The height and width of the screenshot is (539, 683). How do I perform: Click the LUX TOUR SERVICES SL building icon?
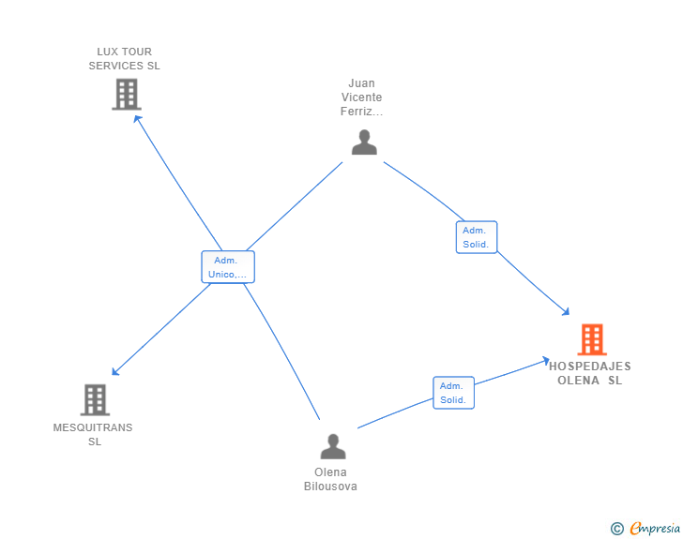pyautogui.click(x=126, y=94)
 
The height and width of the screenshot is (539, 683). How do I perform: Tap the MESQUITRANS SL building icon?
pyautogui.click(x=95, y=399)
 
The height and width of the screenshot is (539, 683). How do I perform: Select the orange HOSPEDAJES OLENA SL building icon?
pyautogui.click(x=591, y=339)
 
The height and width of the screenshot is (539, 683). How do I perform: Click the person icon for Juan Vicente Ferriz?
pyautogui.click(x=364, y=142)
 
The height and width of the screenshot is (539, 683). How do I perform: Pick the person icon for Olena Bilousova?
pyautogui.click(x=332, y=446)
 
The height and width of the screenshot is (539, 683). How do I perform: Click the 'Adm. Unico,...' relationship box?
pyautogui.click(x=228, y=267)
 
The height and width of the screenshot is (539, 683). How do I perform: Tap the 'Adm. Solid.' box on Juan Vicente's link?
pyautogui.click(x=477, y=237)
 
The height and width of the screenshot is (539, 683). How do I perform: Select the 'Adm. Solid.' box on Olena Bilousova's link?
pyautogui.click(x=453, y=393)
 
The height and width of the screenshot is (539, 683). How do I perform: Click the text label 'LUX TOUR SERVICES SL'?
pyautogui.click(x=125, y=59)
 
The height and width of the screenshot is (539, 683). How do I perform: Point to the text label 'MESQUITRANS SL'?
pyautogui.click(x=93, y=434)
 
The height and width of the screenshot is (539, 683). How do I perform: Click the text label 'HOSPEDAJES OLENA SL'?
pyautogui.click(x=589, y=373)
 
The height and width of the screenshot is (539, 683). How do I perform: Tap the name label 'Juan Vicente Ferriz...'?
pyautogui.click(x=361, y=97)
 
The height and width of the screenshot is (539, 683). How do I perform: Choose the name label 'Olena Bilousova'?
pyautogui.click(x=330, y=479)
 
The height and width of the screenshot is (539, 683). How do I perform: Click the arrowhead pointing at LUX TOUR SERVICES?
pyautogui.click(x=137, y=118)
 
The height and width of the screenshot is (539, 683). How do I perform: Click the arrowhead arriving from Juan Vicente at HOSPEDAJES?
pyautogui.click(x=566, y=311)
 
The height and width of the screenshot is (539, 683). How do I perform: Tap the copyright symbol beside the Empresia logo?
pyautogui.click(x=617, y=529)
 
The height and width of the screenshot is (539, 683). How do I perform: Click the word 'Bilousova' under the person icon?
pyautogui.click(x=330, y=487)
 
